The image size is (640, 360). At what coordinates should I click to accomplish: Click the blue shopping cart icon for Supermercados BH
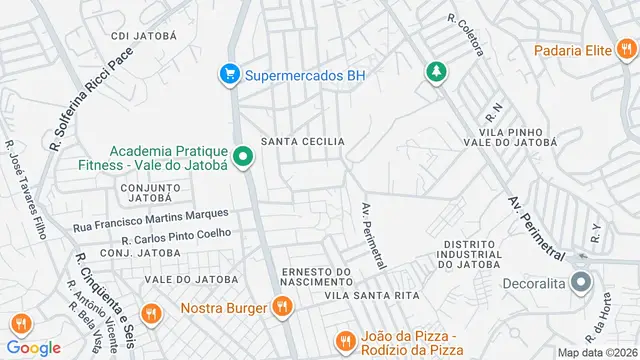point(230,74)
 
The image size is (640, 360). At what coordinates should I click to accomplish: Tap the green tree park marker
point(436,72)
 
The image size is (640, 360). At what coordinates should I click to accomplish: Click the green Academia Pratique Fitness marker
point(242,157)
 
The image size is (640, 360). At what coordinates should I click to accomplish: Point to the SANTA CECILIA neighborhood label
point(303,142)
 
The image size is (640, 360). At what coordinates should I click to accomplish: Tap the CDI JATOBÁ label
point(144,35)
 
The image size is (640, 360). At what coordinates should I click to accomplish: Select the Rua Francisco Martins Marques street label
point(151,221)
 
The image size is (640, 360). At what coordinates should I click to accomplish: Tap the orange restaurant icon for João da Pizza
point(345,341)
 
